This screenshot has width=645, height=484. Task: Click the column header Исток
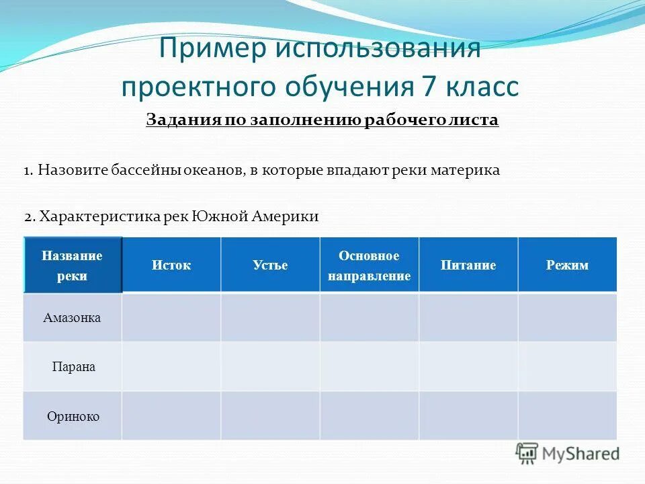click(171, 265)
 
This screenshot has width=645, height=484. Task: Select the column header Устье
click(270, 265)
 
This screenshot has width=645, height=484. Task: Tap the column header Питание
click(468, 265)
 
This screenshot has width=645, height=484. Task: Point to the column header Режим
click(567, 265)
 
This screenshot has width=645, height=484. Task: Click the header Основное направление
click(369, 266)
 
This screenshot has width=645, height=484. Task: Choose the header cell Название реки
click(72, 266)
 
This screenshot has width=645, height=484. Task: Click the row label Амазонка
click(72, 317)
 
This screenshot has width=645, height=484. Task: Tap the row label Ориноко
click(73, 416)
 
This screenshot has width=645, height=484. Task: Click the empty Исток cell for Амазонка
click(171, 317)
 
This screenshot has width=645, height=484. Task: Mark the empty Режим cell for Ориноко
click(567, 416)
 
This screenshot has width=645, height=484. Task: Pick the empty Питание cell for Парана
click(468, 367)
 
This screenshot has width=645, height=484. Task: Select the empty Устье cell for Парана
click(270, 367)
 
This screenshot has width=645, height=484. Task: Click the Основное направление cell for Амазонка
click(369, 317)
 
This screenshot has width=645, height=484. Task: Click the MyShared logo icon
click(527, 453)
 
